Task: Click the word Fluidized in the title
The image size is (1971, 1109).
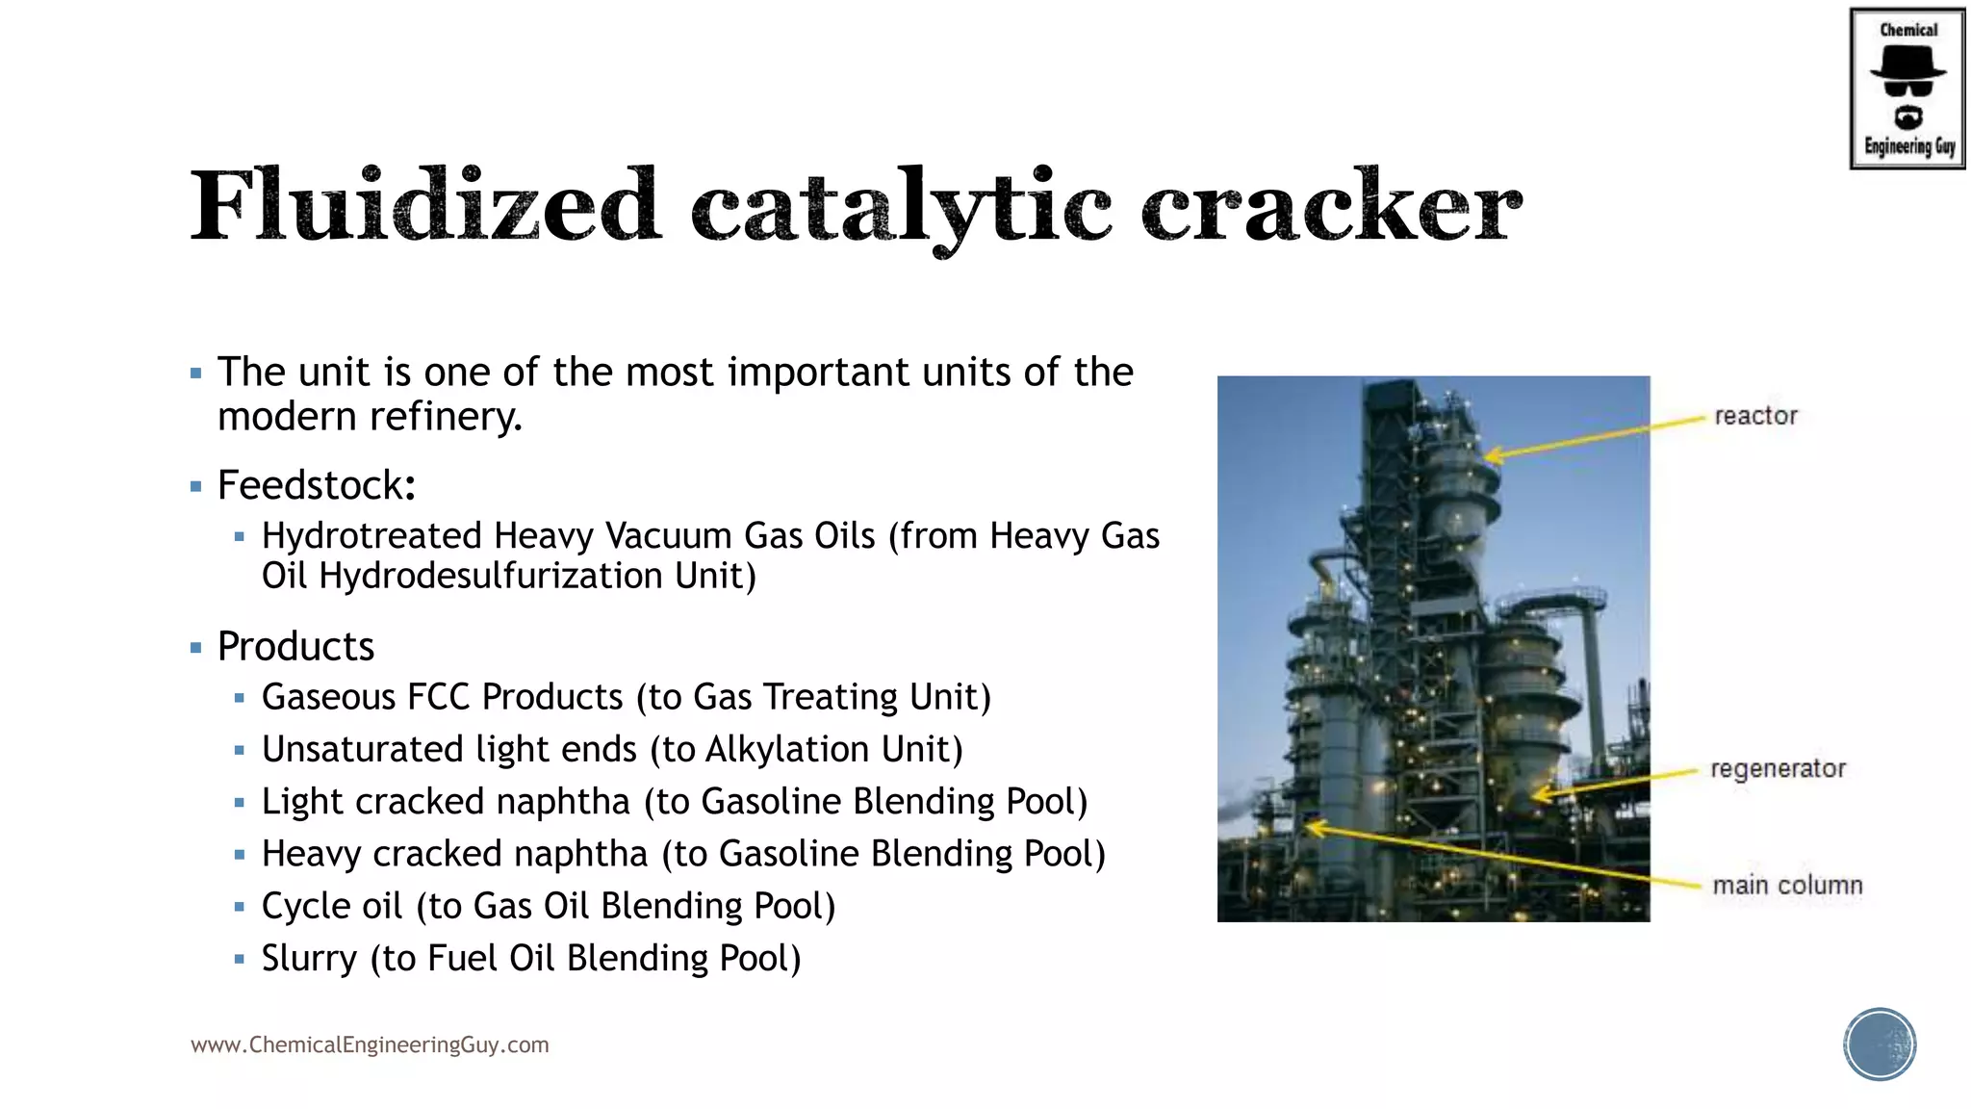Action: [425, 205]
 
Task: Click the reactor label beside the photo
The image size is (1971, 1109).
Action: [1755, 416]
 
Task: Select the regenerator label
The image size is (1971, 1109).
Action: [1778, 768]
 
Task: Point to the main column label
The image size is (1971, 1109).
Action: [1787, 885]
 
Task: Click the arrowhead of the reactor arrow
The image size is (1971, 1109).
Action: [1491, 455]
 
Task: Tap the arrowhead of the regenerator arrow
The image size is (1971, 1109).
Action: [1538, 794]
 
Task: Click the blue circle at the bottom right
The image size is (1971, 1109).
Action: [1880, 1045]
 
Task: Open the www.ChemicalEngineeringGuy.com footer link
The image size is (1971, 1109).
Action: [370, 1045]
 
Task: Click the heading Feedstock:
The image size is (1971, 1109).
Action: [317, 485]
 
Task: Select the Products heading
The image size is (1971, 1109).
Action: [295, 646]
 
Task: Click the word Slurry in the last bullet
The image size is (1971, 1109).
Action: [309, 959]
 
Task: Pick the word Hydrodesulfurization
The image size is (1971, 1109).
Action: [490, 576]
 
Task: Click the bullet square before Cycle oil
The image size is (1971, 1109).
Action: [240, 907]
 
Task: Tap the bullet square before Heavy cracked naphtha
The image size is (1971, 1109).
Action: [240, 855]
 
